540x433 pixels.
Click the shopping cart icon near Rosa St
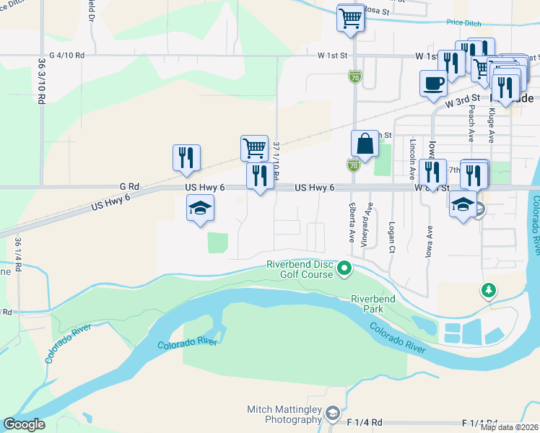tap(350, 18)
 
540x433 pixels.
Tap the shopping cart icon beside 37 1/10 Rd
tap(254, 148)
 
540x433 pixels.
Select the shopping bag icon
tap(365, 143)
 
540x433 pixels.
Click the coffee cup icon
tap(433, 82)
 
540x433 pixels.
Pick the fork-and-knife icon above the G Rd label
tap(186, 157)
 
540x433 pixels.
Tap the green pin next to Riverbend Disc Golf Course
tap(345, 269)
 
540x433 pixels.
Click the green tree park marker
tap(489, 290)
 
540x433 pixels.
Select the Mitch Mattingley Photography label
tap(284, 414)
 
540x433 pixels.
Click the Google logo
tap(24, 424)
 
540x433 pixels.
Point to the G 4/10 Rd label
tap(67, 55)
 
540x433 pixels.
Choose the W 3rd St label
tap(463, 101)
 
